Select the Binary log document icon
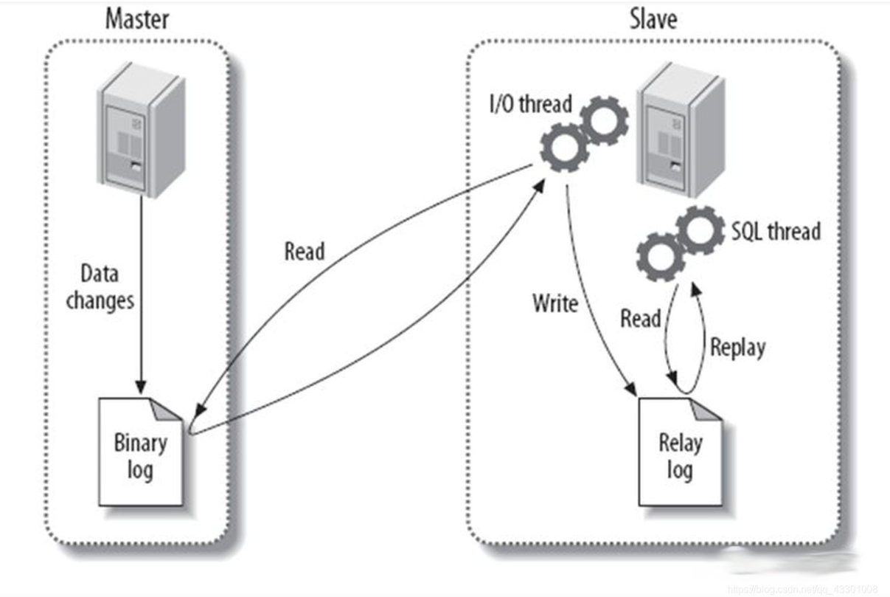141,451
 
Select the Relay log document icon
679,451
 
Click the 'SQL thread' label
776,231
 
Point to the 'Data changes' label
100,287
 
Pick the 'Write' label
555,303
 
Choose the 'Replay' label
737,347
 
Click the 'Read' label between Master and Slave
305,251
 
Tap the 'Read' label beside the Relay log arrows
640,319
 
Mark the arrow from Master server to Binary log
141,295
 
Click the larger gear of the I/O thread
564,148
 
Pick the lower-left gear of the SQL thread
661,257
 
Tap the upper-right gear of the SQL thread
700,230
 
